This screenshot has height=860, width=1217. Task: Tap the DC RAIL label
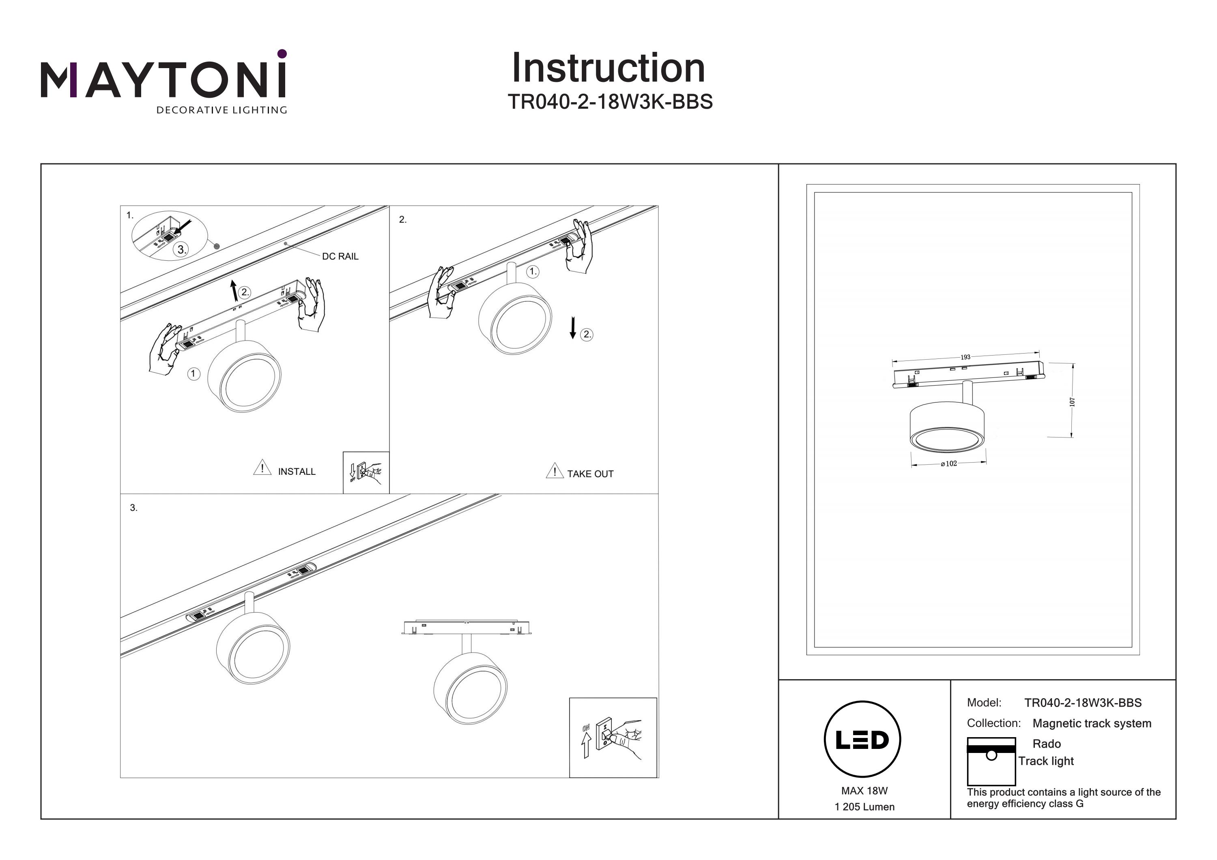(340, 257)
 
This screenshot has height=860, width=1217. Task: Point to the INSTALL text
(297, 472)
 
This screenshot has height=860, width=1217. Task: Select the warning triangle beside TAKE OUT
(555, 470)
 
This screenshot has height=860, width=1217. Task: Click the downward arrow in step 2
(572, 328)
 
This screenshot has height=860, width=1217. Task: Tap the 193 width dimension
(965, 357)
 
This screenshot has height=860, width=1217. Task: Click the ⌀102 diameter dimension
(949, 463)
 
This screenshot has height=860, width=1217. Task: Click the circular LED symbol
(862, 740)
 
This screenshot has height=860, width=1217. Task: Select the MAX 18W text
(864, 791)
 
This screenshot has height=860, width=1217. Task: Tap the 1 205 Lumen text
(864, 807)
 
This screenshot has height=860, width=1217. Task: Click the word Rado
(1047, 744)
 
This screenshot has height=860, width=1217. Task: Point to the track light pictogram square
(991, 761)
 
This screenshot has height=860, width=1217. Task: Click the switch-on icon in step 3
(613, 738)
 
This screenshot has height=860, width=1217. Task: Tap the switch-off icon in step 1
(366, 473)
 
